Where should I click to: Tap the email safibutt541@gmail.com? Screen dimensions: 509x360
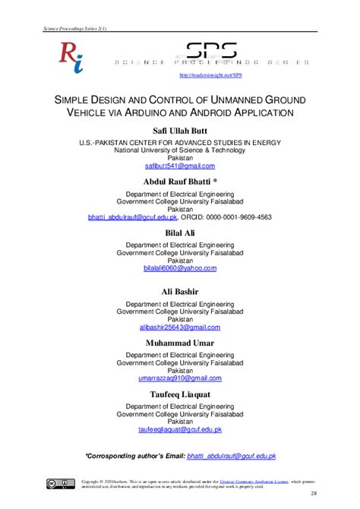pos(179,165)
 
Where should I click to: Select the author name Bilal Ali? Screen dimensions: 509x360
pos(179,232)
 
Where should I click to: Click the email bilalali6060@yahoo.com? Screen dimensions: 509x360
pos(179,268)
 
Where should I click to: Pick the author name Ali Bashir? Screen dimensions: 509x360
pos(179,292)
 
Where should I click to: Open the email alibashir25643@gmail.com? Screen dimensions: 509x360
pos(179,327)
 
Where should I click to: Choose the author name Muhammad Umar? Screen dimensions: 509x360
pos(179,343)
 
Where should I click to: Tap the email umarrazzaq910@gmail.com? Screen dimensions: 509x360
pos(179,378)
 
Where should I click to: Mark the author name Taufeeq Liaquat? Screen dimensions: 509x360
pos(179,395)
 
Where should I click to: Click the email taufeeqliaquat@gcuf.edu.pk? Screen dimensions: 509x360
pos(179,429)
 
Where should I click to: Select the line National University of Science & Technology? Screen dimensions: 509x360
pos(179,150)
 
